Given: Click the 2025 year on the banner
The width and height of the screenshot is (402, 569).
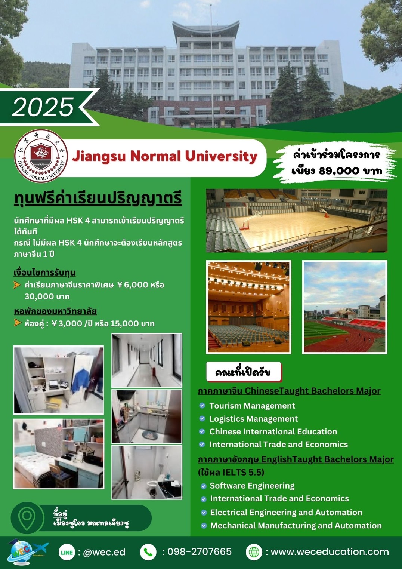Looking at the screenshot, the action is point(43,107).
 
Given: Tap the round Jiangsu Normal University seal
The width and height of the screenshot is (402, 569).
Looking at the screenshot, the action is point(41,156).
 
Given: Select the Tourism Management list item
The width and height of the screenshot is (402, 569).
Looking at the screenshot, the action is point(252,406).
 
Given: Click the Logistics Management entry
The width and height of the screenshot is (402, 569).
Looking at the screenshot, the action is point(254,419).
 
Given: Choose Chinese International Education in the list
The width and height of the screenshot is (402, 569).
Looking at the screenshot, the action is point(273,431).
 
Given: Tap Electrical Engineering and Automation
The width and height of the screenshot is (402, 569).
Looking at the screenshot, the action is point(286,512).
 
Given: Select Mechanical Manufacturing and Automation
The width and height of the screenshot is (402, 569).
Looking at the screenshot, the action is point(296,525).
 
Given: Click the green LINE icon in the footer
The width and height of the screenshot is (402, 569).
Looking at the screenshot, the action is point(67,552).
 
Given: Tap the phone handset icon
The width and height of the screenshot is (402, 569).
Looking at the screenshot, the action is point(148,552).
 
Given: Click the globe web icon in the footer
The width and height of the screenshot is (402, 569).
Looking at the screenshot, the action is point(254,552).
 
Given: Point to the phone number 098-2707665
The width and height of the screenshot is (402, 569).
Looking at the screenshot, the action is point(200,552).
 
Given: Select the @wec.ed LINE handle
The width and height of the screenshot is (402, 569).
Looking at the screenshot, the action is point(104,552).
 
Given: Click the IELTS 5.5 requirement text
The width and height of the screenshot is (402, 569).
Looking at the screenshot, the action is point(231,472).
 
